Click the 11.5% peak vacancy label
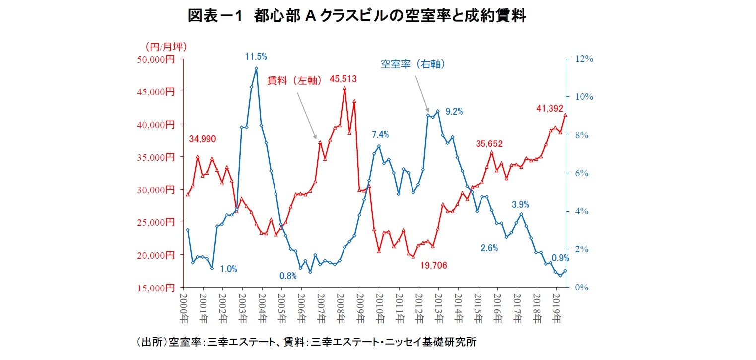tap(256, 57)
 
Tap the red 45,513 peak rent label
tap(343, 79)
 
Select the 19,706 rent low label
tap(433, 266)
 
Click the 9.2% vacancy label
tap(454, 112)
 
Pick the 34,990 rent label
tap(202, 139)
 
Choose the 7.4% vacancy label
tap(380, 134)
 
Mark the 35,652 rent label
tap(489, 144)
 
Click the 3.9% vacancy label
tap(520, 204)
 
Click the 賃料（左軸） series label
tap(296, 80)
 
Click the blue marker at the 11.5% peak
tap(256, 69)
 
